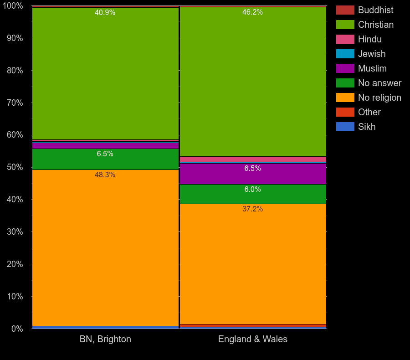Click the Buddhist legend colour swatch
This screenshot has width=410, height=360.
point(345,10)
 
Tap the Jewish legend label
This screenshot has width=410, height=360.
point(372,54)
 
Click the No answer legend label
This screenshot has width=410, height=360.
point(379,83)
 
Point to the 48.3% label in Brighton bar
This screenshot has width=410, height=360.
point(105,175)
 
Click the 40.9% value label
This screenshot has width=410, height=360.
point(105,13)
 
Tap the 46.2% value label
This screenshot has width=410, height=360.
point(252,12)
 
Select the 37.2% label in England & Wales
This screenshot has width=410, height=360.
point(252,209)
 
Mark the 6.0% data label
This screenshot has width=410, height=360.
point(252,190)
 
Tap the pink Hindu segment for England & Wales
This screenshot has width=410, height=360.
point(253,159)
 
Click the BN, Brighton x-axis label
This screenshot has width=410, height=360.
point(105,339)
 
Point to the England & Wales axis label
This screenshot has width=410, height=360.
point(253,339)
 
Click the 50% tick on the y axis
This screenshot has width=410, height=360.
point(15,167)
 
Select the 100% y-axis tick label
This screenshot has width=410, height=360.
point(13,6)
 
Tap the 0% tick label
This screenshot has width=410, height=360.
point(16,329)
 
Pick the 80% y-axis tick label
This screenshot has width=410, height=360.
point(15,71)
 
